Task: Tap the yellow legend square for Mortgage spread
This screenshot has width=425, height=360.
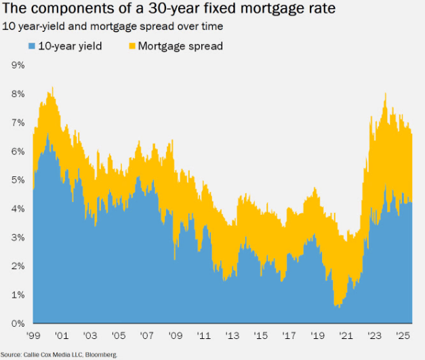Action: point(131,46)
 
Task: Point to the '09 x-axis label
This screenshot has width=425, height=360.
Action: point(175,335)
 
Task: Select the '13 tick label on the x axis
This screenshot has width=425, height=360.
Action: point(232,335)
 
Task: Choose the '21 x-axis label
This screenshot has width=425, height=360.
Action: point(346,335)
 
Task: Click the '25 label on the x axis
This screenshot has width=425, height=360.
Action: point(403,335)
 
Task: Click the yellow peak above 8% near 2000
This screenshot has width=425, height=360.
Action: point(52,87)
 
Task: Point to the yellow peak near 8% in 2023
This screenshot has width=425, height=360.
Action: point(385,94)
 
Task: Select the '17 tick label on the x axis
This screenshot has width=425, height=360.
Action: point(289,335)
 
